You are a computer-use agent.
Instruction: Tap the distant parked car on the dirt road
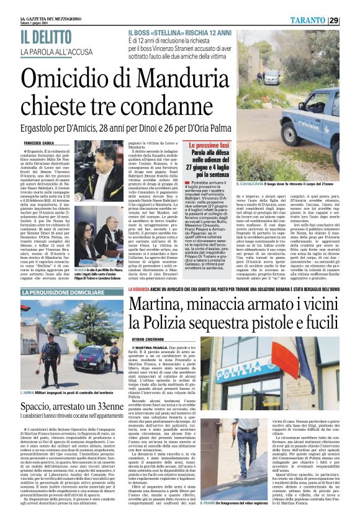coord(271,79)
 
